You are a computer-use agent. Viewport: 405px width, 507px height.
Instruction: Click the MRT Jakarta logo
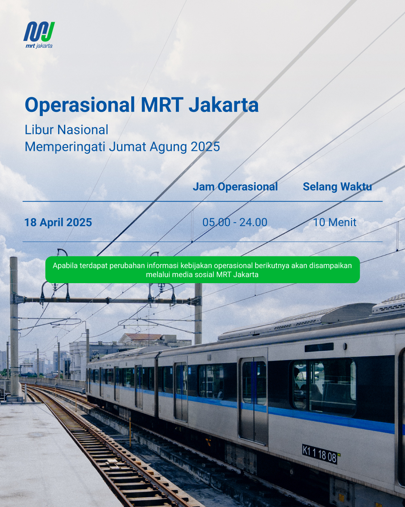tap(39, 35)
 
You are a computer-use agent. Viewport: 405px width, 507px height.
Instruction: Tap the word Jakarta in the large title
tap(223, 105)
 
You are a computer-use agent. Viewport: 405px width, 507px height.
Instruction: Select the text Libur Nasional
tap(66, 130)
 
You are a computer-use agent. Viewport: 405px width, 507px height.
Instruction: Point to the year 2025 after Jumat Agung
tap(205, 146)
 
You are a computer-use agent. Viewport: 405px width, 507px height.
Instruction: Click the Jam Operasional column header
tap(235, 187)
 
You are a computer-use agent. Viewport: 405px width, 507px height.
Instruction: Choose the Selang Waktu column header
tap(337, 187)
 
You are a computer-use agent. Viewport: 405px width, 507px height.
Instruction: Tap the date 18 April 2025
tap(58, 222)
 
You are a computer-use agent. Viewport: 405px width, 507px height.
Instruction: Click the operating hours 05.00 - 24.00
tap(235, 222)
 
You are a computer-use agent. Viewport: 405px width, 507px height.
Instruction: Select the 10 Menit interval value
tap(334, 222)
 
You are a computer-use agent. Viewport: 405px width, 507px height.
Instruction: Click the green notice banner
tap(202, 270)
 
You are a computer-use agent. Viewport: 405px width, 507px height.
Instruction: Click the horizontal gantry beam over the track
tap(108, 300)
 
